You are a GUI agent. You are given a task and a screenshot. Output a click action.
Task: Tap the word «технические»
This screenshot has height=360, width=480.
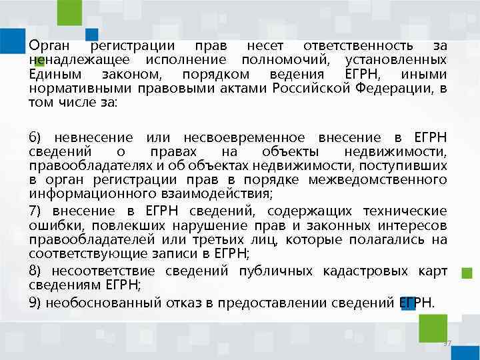pyautogui.click(x=403, y=211)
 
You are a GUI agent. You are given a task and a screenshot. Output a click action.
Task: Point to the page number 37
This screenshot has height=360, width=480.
pyautogui.click(x=447, y=343)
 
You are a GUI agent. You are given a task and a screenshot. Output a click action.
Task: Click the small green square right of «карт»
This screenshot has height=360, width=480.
pyautogui.click(x=467, y=272)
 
